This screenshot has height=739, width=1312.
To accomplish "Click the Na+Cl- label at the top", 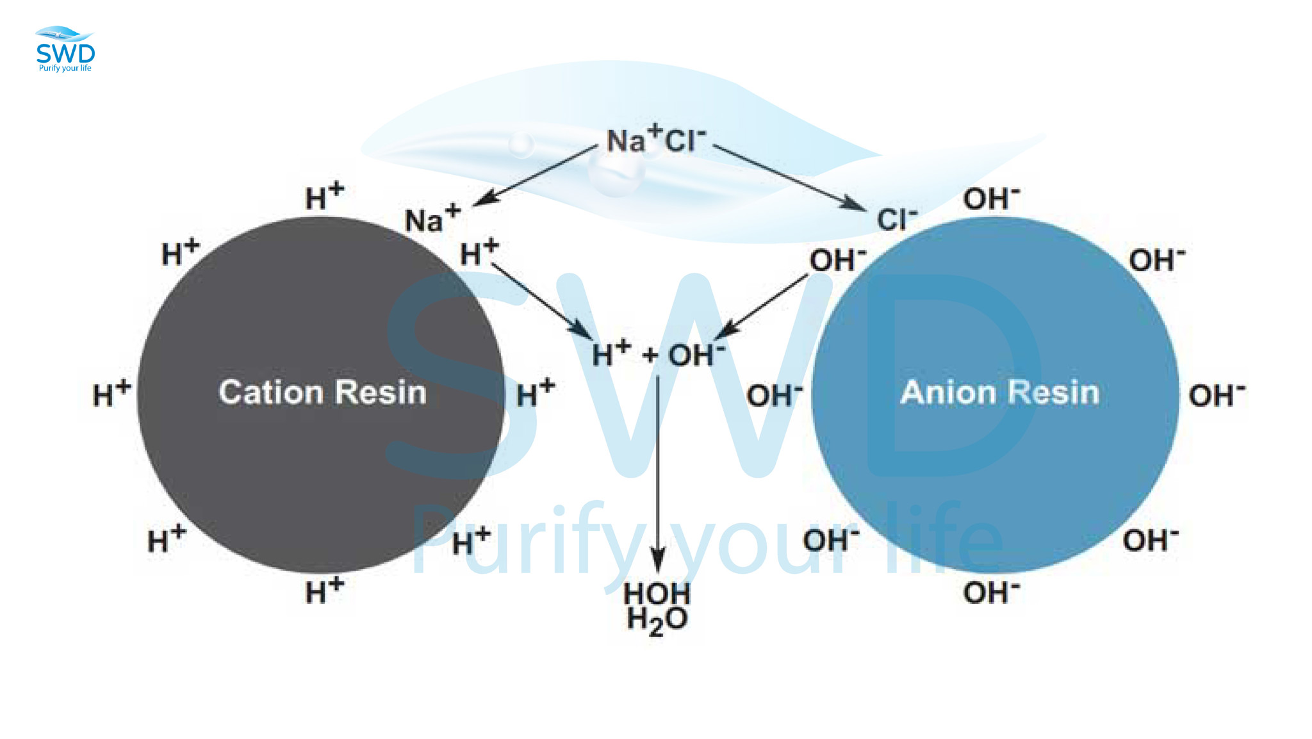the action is coord(656,139).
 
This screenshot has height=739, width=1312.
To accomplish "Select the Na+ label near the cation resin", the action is coord(433,218).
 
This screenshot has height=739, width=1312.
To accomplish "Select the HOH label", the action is coord(657,593).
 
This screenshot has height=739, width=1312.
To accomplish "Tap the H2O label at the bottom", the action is coord(657,621).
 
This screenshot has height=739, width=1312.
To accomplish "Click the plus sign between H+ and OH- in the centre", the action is coord(650,355).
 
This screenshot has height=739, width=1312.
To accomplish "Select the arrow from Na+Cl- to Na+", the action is coord(536,176).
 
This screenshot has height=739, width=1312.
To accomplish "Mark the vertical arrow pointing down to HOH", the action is coord(657,474).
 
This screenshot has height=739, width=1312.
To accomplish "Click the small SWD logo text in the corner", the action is coord(65,54).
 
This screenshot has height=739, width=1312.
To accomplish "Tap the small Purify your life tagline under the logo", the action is coord(65,69).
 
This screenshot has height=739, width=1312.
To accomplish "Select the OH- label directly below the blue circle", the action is coord(991,592).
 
